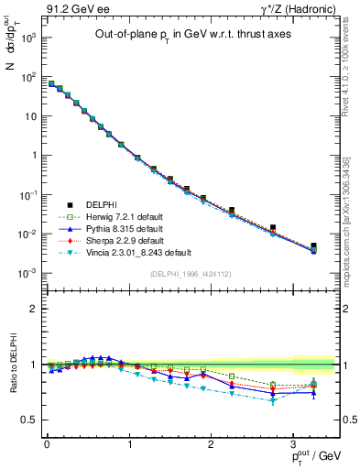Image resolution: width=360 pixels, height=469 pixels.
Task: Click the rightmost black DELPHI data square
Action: point(313,246)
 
